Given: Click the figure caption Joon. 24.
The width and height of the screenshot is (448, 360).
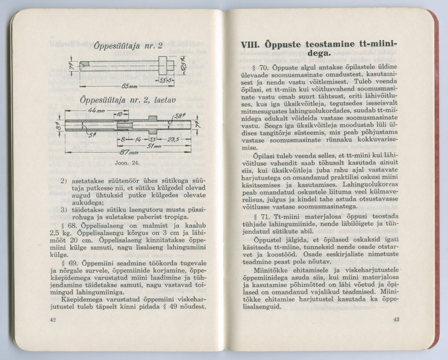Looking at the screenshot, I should click(126, 164).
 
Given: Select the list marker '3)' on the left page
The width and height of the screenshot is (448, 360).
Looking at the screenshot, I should click(64, 210).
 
